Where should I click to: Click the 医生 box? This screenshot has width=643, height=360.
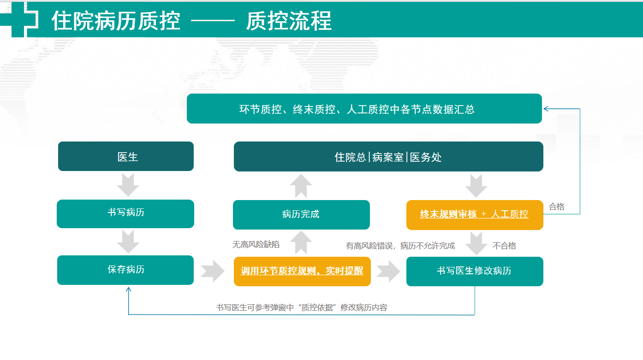(x=126, y=156)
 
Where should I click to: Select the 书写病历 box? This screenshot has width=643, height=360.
(x=125, y=214)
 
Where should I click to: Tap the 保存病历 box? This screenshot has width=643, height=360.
(x=125, y=270)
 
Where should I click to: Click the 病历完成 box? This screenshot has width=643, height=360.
(x=301, y=214)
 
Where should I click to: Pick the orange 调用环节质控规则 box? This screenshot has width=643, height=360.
(x=302, y=271)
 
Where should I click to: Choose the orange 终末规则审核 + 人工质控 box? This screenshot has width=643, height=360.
(x=475, y=215)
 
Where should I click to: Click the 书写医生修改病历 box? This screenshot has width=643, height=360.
(x=475, y=271)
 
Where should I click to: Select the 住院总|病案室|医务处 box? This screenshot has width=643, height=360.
(x=388, y=157)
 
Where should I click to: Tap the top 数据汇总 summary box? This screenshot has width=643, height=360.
(x=364, y=109)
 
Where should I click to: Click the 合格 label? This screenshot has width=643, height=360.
(x=557, y=207)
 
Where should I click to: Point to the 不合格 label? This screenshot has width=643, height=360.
(x=504, y=246)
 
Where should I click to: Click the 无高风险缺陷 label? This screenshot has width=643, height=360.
(x=256, y=244)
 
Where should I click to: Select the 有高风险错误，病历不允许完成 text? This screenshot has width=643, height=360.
(x=400, y=246)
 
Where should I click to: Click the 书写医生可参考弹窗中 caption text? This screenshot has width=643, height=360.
(x=302, y=307)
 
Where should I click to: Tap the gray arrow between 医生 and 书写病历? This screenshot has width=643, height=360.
(x=128, y=184)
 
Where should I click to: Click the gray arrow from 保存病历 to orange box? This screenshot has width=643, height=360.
(x=213, y=271)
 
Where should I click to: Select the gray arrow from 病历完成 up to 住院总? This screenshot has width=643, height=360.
(x=301, y=186)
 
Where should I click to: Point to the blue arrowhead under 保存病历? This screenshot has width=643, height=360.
(x=129, y=290)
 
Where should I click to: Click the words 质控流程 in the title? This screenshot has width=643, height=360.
(x=289, y=21)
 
